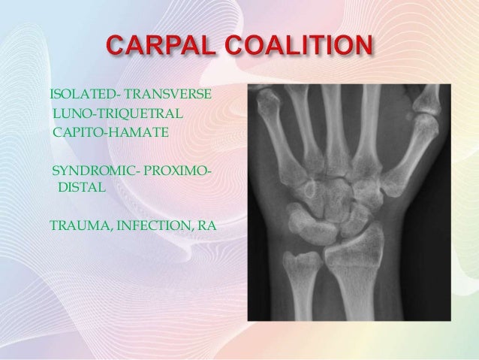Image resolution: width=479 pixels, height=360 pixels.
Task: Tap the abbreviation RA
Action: (205, 223)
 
